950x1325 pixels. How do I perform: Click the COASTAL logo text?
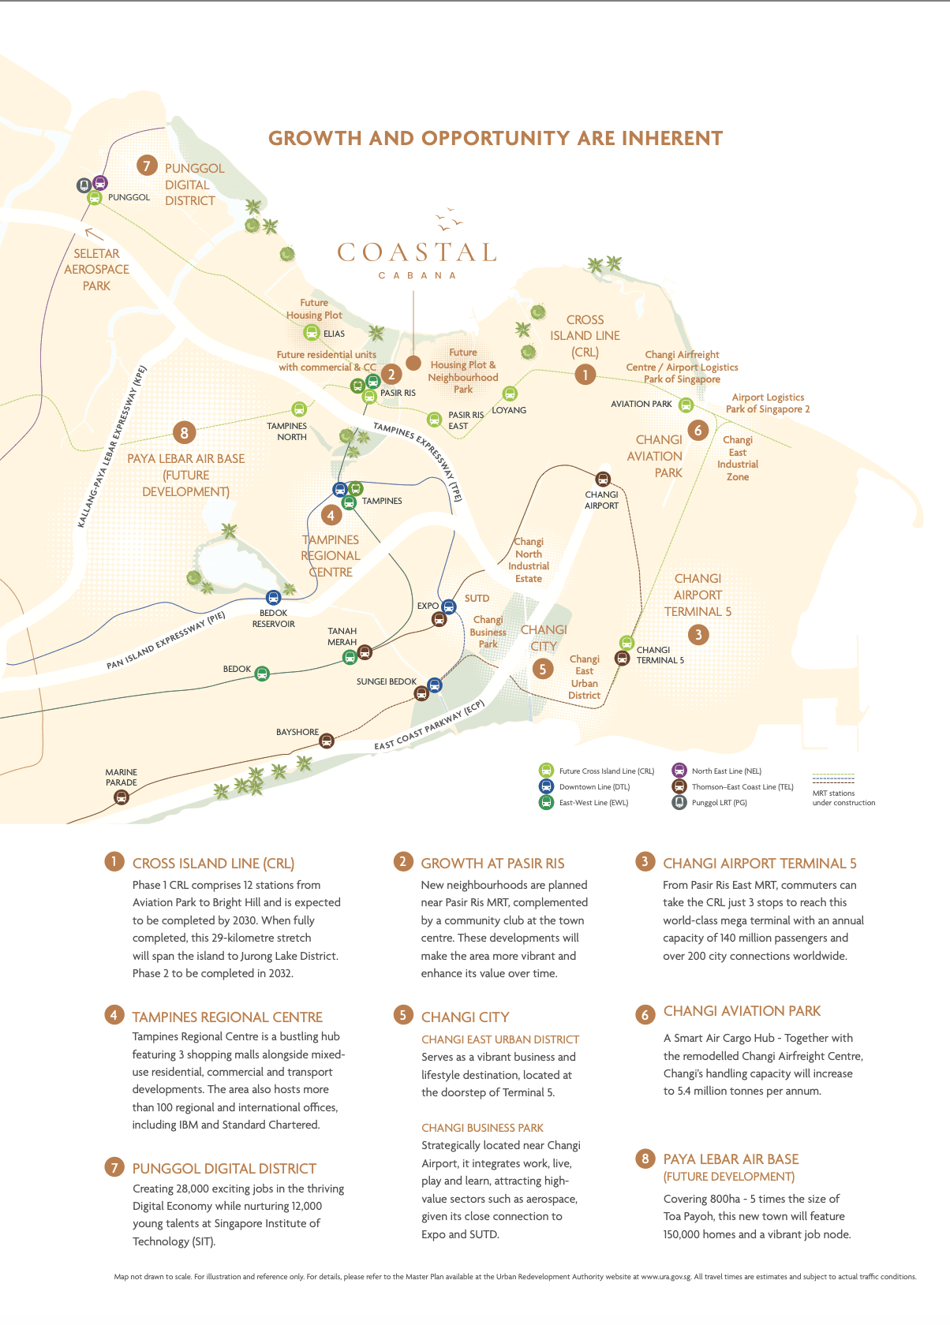click(417, 252)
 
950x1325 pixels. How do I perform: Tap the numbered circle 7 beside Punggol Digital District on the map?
click(146, 165)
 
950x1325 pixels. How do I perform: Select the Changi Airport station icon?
click(603, 480)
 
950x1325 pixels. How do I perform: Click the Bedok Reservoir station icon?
click(274, 598)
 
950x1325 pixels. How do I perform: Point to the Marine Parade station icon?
click(121, 797)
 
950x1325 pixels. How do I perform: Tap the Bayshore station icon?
click(327, 741)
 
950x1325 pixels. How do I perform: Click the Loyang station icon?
click(510, 394)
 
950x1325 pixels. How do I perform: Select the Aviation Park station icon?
click(686, 405)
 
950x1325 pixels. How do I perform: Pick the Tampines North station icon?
click(298, 409)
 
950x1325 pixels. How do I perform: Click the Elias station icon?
click(312, 333)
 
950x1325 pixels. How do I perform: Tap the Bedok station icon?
click(262, 674)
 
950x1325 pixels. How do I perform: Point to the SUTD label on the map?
click(477, 599)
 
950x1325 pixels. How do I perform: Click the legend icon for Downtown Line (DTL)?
click(545, 786)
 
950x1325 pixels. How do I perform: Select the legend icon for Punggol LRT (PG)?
click(679, 802)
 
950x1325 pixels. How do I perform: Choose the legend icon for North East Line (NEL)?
click(679, 771)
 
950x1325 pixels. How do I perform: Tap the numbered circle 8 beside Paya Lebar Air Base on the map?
click(184, 432)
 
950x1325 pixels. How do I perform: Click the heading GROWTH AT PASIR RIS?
click(492, 864)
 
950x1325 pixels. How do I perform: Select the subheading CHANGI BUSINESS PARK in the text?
click(482, 1128)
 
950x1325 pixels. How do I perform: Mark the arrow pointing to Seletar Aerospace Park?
click(93, 233)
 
